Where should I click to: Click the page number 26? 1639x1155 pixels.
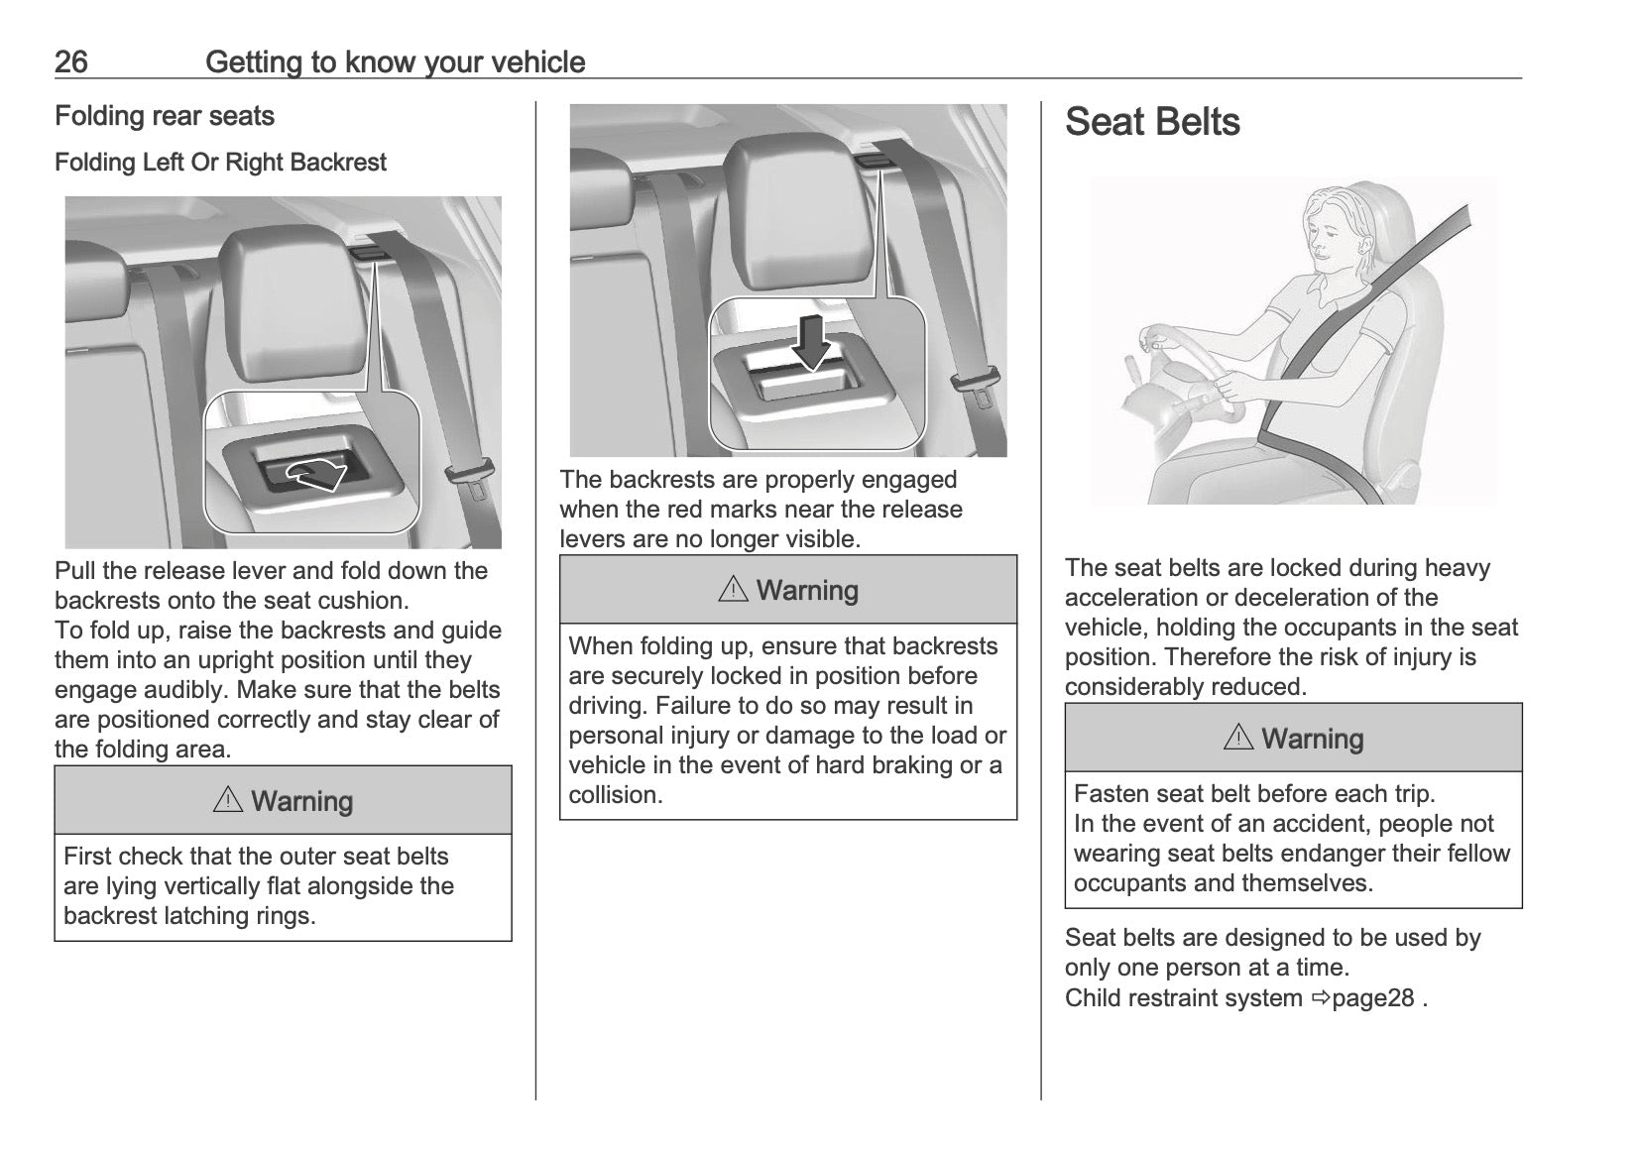pyautogui.click(x=71, y=62)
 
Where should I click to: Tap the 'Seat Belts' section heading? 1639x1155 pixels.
pyautogui.click(x=1152, y=122)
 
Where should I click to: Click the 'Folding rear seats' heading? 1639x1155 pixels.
pyautogui.click(x=165, y=116)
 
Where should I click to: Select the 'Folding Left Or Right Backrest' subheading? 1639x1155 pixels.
pyautogui.click(x=220, y=163)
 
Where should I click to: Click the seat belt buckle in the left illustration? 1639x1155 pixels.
pyautogui.click(x=468, y=475)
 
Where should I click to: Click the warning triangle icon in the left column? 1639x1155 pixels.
pyautogui.click(x=228, y=801)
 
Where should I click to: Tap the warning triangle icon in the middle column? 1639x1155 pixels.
pyautogui.click(x=733, y=590)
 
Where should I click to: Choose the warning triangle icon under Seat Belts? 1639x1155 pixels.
pyautogui.click(x=1238, y=739)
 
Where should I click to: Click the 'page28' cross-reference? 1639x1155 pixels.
pyautogui.click(x=1372, y=997)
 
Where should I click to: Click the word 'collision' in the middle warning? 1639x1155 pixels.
pyautogui.click(x=612, y=795)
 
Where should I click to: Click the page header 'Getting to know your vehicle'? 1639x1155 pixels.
pyautogui.click(x=395, y=62)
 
